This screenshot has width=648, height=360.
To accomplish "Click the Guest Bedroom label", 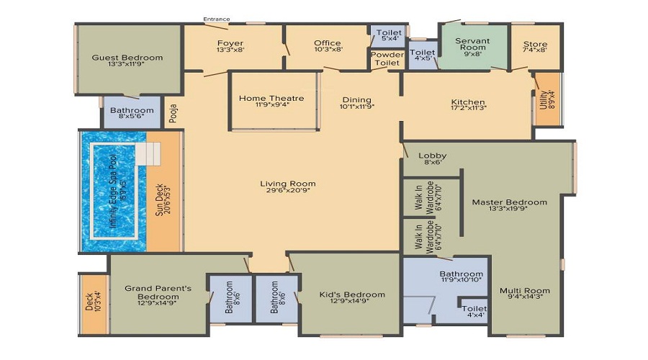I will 127,58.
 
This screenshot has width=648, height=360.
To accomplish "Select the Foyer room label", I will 230,43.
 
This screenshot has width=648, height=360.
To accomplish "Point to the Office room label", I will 328,43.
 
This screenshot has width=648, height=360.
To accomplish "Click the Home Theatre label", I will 271,99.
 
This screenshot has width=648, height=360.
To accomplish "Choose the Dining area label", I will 356,100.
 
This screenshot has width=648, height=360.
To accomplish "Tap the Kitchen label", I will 468,102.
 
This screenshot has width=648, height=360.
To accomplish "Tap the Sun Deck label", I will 161,194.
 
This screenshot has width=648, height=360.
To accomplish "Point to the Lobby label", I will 433,156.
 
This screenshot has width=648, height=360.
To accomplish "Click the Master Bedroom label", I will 509,202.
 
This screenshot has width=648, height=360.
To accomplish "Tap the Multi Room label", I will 525,291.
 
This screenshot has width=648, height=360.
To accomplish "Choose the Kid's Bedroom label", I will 352,294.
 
